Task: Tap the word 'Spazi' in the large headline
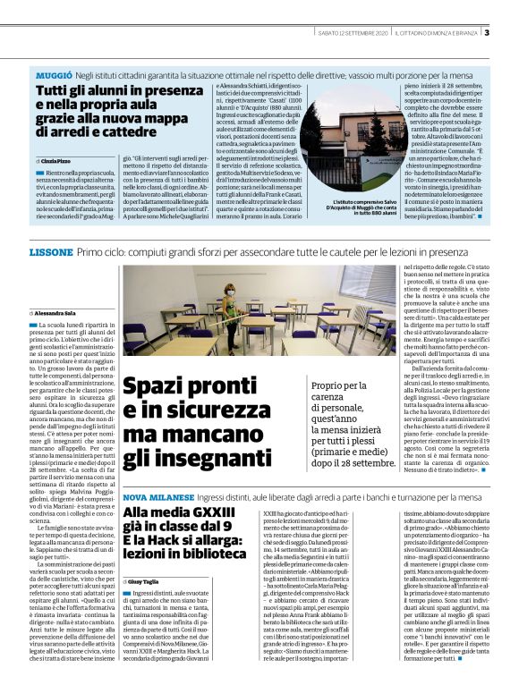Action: click(152, 387)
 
